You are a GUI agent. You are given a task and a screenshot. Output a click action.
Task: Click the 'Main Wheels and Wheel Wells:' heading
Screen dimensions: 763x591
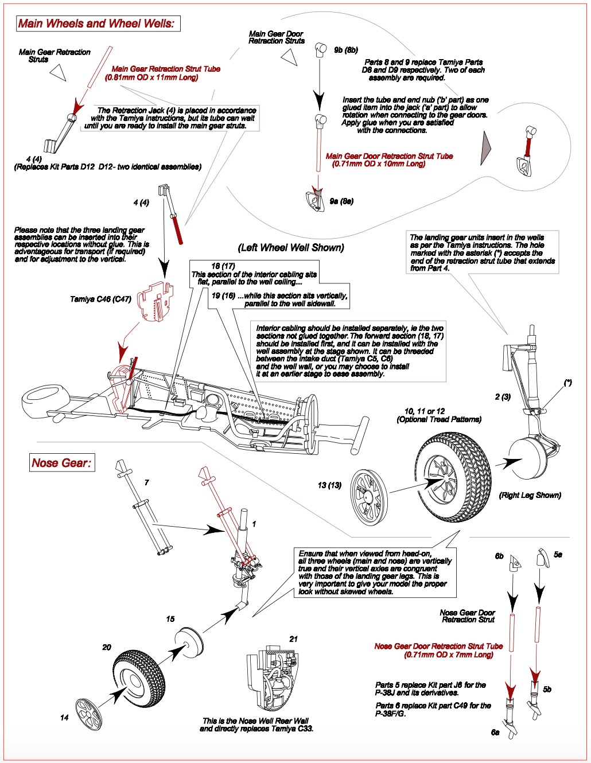96,24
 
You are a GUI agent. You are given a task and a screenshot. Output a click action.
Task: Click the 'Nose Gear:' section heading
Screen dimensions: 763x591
61,463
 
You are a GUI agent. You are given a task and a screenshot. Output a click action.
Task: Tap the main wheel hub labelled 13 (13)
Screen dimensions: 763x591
369,497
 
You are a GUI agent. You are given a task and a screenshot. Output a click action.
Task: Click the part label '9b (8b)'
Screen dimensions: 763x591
346,50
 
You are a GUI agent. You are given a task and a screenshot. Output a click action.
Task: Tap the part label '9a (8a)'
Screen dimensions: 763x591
341,201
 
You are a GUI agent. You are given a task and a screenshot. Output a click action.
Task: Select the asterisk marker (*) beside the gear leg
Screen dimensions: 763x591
567,383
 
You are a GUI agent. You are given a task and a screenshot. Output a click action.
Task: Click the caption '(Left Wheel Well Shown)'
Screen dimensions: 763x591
291,248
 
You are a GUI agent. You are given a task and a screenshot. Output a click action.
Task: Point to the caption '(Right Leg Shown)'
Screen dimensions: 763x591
530,495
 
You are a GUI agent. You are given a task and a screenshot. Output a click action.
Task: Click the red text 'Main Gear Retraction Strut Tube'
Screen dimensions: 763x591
166,69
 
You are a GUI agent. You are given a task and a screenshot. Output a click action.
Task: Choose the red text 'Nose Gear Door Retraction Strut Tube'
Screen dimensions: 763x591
438,646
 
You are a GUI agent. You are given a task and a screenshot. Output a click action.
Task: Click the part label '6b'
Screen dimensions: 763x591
499,556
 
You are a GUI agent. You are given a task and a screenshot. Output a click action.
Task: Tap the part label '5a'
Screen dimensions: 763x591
558,555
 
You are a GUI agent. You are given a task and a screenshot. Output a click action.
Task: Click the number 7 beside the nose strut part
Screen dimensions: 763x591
147,482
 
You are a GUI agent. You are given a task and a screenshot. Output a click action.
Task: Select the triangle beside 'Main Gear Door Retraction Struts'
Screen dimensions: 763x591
289,56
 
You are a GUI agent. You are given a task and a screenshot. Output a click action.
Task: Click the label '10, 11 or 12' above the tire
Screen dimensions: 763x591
424,411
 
